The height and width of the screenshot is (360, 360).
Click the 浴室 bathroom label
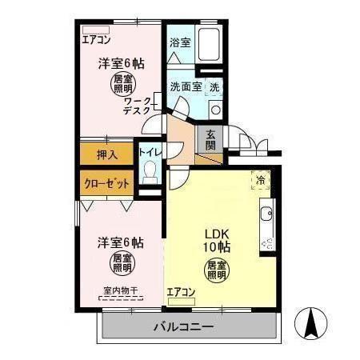point(180,42)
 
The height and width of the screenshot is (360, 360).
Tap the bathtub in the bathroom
point(210,41)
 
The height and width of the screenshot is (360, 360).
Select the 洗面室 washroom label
point(186,86)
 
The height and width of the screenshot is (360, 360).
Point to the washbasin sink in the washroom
point(215,109)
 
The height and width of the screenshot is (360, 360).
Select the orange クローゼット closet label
point(107,182)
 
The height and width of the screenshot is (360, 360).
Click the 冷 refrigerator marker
point(259,181)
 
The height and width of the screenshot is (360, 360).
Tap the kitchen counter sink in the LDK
point(266,214)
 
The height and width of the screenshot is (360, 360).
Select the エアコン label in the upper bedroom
point(97,36)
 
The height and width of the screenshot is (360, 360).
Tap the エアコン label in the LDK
point(181,292)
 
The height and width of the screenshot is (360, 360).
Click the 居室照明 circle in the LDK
point(216,269)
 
